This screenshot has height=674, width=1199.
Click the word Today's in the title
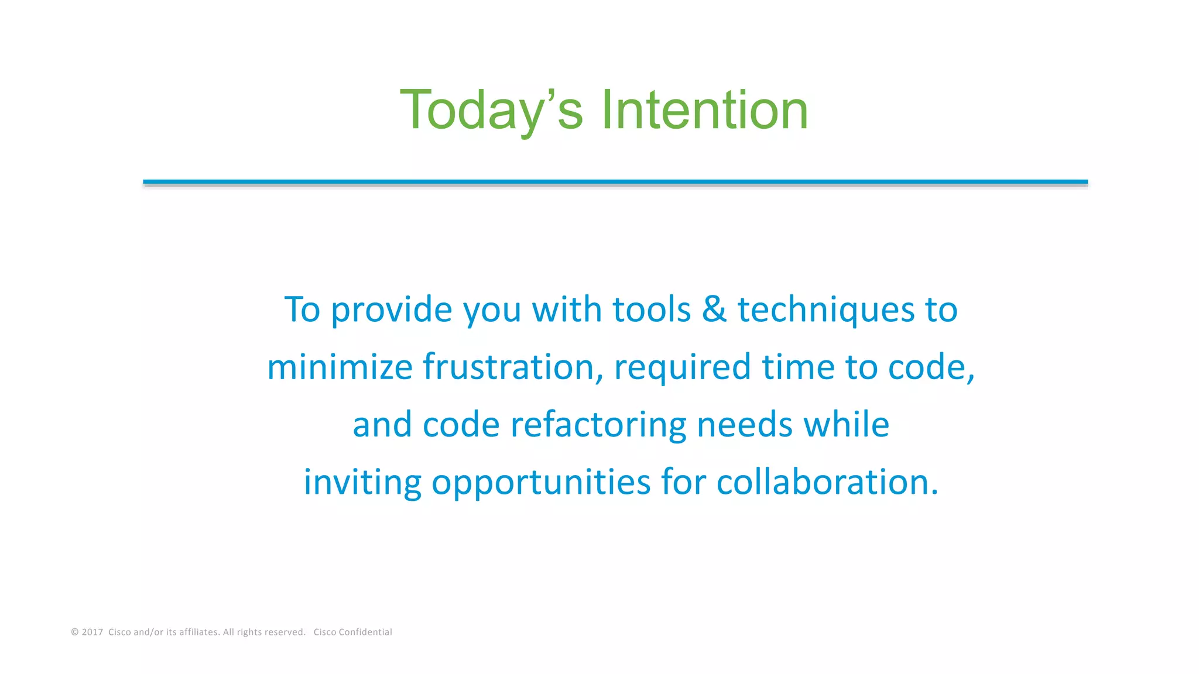click(491, 110)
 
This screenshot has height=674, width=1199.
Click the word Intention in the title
click(704, 110)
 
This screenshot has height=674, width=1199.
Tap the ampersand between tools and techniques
click(714, 309)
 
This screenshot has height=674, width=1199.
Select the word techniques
click(825, 309)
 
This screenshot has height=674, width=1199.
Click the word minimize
click(340, 367)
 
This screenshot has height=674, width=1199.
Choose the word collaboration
click(827, 482)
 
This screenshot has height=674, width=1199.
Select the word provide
click(391, 310)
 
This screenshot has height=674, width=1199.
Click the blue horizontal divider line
click(615, 182)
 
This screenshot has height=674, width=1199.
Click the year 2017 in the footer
click(92, 632)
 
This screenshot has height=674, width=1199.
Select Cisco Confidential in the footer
click(352, 632)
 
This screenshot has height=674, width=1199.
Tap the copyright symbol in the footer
click(75, 632)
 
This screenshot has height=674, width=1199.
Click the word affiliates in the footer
click(198, 632)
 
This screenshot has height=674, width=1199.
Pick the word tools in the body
click(651, 309)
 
